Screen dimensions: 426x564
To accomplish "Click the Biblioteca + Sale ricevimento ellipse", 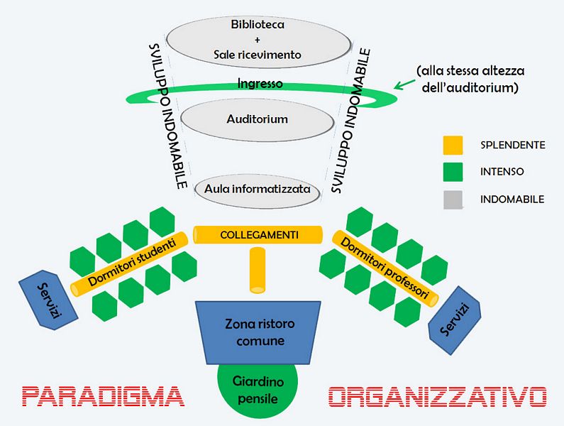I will point(257,39).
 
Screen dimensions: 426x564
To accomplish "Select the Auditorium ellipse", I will point(257,119).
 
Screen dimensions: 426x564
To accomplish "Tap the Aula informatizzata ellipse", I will point(257,190).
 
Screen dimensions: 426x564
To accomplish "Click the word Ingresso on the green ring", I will point(260,84).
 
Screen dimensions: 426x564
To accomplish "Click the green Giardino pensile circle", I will point(258,391).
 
